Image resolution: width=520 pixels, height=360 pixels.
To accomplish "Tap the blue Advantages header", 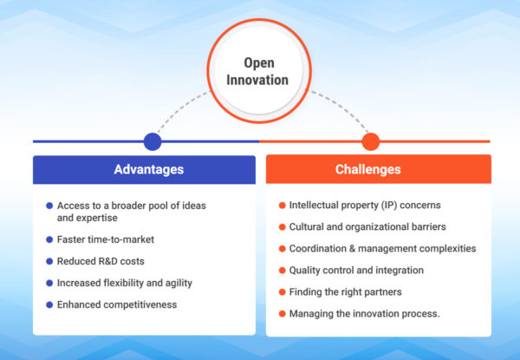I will click(148, 169).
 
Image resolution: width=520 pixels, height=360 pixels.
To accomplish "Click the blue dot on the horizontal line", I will click(153, 141).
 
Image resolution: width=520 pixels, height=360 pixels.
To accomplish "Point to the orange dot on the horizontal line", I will click(371, 141).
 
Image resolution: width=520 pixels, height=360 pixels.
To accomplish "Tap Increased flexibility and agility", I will click(124, 283).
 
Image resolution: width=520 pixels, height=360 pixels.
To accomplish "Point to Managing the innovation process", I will click(365, 313).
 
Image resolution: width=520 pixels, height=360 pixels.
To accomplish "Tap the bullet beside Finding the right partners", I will click(282, 291).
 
